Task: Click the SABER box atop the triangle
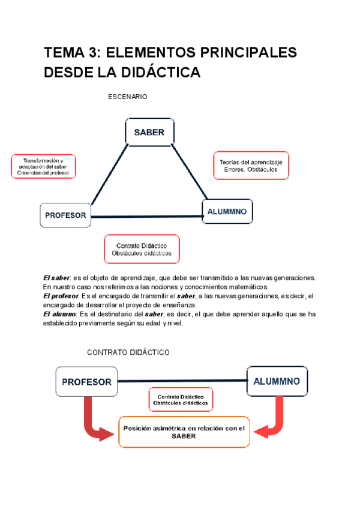tap(149, 133)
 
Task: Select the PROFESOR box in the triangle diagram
tap(65, 215)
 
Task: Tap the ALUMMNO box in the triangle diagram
tap(227, 211)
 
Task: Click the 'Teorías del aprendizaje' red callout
tap(251, 165)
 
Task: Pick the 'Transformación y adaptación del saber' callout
tap(43, 166)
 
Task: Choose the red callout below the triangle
tap(142, 249)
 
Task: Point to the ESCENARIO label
tap(127, 97)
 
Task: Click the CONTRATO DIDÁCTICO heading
tap(128, 352)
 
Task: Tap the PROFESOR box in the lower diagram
tap(87, 382)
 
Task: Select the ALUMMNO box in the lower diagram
tap(277, 381)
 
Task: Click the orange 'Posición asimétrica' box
tap(184, 432)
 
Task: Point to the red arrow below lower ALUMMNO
tap(273, 419)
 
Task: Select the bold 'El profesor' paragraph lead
tap(61, 296)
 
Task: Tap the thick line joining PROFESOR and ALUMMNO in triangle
tap(147, 217)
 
